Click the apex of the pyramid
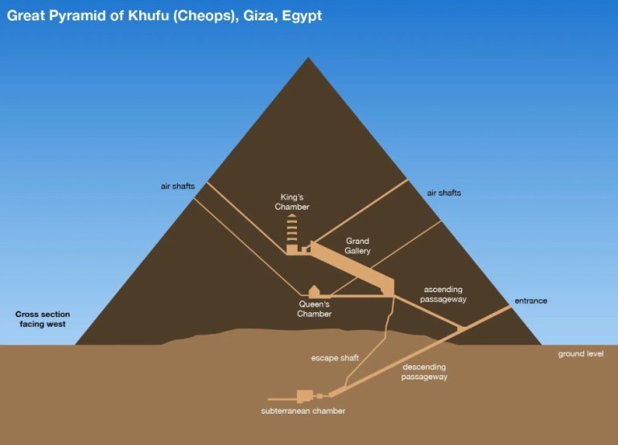click(x=308, y=58)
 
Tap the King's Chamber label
click(x=292, y=202)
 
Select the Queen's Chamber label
click(x=314, y=309)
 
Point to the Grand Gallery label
click(x=357, y=245)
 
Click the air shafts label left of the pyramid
click(x=178, y=186)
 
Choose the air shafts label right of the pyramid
click(x=444, y=193)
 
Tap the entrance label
click(x=531, y=301)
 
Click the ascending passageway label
click(x=443, y=295)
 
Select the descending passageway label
click(x=425, y=372)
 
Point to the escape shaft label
click(x=335, y=358)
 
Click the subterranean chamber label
click(x=303, y=410)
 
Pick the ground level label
click(x=580, y=354)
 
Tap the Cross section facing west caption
click(x=43, y=319)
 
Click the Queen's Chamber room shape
click(x=314, y=291)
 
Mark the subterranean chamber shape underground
click(x=305, y=396)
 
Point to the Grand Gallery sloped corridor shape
click(x=352, y=269)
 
